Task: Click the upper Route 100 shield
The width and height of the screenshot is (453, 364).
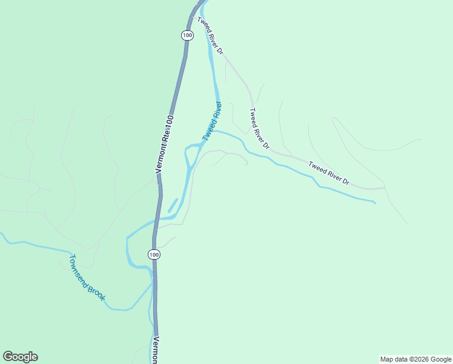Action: tap(187, 35)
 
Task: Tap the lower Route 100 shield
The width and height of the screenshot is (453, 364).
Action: tap(154, 255)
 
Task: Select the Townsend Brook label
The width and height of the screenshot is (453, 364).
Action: tap(87, 277)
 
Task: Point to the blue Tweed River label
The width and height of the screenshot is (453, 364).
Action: tap(213, 121)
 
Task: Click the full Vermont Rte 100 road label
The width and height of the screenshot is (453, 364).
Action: tap(165, 144)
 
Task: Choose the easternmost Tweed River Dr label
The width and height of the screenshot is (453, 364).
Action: tap(329, 172)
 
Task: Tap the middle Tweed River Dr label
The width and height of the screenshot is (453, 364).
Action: tap(259, 129)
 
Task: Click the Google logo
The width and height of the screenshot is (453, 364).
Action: tap(20, 357)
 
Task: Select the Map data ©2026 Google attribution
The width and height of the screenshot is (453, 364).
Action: tap(415, 359)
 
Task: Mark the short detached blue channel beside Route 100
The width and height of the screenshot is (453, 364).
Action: tap(173, 205)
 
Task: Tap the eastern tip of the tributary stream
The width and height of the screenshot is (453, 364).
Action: tap(375, 203)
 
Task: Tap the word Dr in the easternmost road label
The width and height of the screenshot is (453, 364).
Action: tap(346, 180)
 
